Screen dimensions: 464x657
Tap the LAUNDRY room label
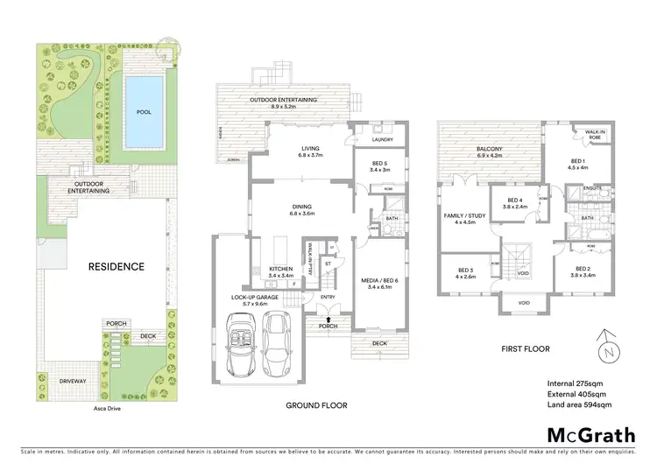click(382, 139)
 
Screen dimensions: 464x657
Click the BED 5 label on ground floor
click(379, 165)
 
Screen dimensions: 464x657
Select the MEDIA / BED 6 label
click(382, 283)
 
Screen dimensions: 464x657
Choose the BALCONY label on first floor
click(489, 149)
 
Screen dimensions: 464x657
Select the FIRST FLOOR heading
click(526, 348)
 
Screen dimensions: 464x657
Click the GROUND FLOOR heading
click(316, 405)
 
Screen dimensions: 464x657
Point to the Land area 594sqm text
click(578, 405)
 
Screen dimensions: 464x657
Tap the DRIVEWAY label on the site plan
click(73, 381)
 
